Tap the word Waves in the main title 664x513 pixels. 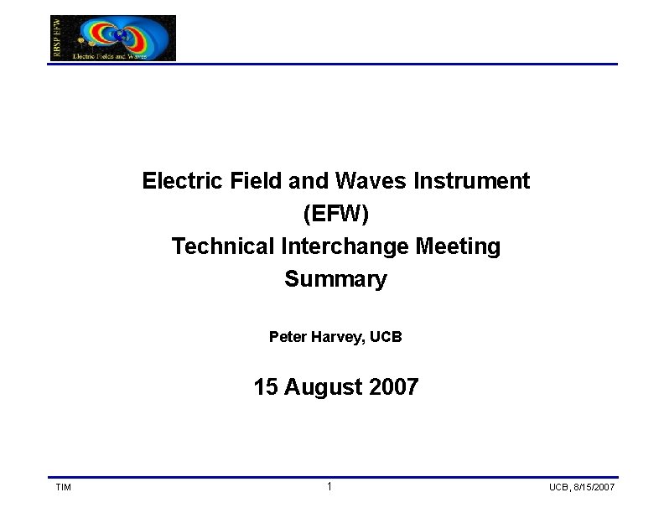point(364,181)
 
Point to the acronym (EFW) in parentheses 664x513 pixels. point(335,214)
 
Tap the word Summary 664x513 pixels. point(335,279)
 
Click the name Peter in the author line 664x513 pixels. point(288,337)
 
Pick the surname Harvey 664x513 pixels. point(340,337)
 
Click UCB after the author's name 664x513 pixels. point(386,337)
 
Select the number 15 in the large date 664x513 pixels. point(266,387)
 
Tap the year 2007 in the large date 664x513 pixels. point(392,387)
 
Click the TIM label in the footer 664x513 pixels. point(63,488)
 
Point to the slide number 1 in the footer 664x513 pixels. point(329,487)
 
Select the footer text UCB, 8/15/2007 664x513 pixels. point(582,488)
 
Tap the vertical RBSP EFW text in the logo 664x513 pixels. point(57,38)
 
